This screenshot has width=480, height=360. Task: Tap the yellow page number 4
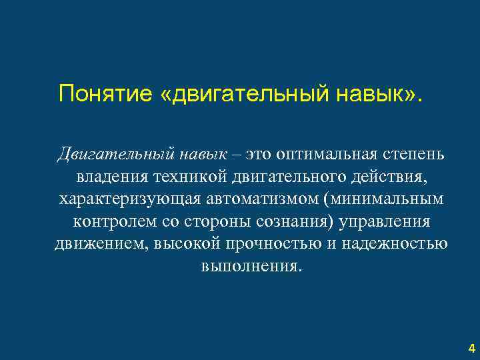[x=472, y=348]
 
